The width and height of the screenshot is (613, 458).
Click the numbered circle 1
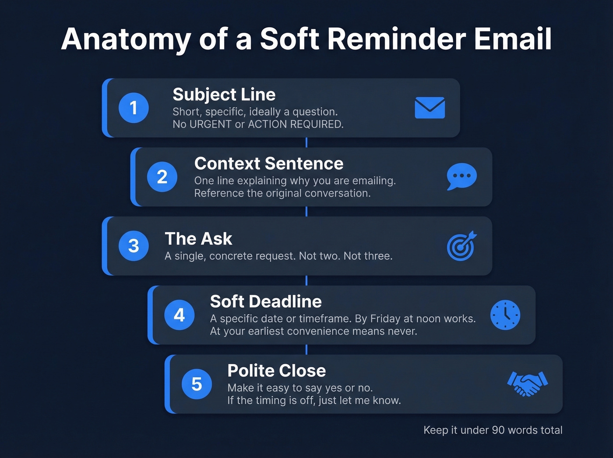(x=134, y=108)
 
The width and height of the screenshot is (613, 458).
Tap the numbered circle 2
(x=162, y=177)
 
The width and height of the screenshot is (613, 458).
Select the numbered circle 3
(x=134, y=246)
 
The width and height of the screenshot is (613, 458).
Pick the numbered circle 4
(x=179, y=315)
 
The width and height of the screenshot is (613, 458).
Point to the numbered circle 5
(x=197, y=384)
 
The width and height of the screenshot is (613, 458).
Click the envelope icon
(x=430, y=108)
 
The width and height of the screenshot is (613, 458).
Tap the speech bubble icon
(x=462, y=177)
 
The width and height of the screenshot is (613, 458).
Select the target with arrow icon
(x=462, y=246)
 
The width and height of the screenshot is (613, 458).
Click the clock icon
(x=505, y=315)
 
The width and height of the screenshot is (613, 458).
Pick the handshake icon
(x=527, y=384)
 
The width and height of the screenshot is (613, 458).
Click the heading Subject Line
(x=224, y=95)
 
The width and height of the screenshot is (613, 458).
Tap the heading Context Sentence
(x=268, y=163)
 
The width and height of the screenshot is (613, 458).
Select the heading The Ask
(x=198, y=239)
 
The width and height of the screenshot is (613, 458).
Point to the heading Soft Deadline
(x=265, y=302)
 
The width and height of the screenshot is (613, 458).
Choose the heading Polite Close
(x=276, y=371)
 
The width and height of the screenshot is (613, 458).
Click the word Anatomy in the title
(x=126, y=39)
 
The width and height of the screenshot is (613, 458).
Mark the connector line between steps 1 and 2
(x=306, y=142)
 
